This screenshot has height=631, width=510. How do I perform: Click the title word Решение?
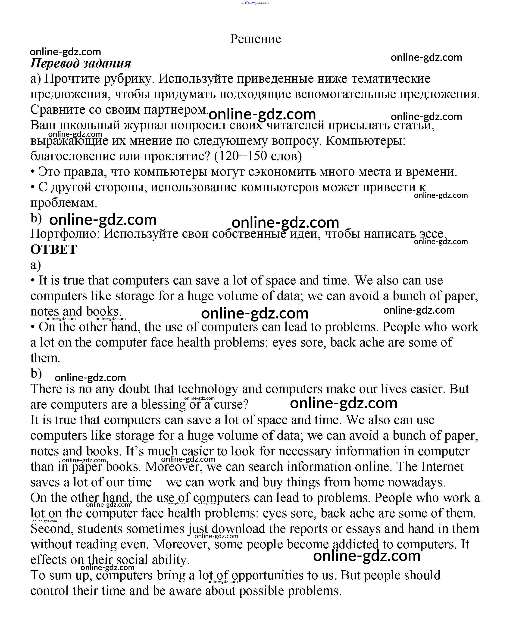[x=255, y=39]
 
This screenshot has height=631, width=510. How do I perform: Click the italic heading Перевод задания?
[x=81, y=63]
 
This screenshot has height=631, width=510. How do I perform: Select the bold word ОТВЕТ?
[x=53, y=249]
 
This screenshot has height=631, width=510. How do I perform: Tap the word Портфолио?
[x=65, y=234]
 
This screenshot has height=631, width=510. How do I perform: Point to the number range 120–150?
[x=241, y=156]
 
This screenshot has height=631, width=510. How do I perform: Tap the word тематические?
[x=391, y=79]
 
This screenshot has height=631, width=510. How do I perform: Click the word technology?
[x=208, y=389]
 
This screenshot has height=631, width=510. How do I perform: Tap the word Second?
[x=52, y=529]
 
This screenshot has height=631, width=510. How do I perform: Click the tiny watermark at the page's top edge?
[x=255, y=3]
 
